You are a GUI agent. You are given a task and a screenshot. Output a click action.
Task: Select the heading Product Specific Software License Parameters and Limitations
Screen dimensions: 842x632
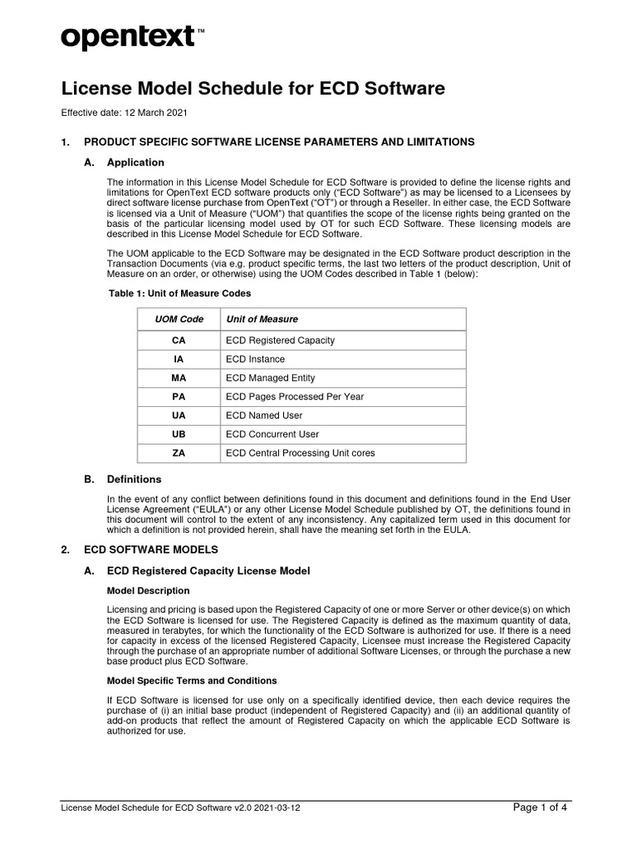click(x=279, y=142)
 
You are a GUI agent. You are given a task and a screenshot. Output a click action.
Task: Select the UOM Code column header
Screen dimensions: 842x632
click(x=179, y=319)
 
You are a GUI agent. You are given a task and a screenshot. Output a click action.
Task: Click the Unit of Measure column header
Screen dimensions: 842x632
click(x=262, y=319)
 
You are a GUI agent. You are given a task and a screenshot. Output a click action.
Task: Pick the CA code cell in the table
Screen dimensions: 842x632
click(x=179, y=340)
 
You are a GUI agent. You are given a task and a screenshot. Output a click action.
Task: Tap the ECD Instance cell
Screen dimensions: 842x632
click(x=255, y=359)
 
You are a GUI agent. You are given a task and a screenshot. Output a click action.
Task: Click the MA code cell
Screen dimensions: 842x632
click(x=179, y=377)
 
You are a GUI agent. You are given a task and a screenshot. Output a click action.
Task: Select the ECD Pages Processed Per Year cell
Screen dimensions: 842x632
click(x=295, y=396)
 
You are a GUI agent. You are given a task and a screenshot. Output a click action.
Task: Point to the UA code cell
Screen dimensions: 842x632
click(x=179, y=415)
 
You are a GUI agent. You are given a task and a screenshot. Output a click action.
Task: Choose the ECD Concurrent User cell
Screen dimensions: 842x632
click(x=272, y=434)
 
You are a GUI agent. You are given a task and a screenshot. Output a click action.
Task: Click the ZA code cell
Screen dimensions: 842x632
click(x=179, y=453)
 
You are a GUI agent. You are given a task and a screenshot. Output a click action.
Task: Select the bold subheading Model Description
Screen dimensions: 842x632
click(x=149, y=590)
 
